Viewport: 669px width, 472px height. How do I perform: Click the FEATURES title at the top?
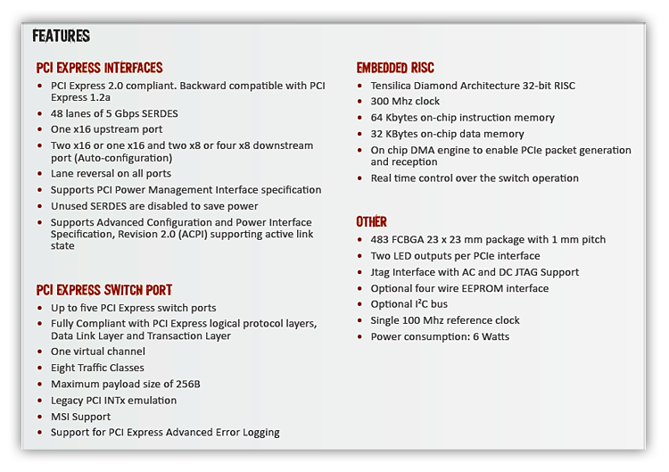(61, 37)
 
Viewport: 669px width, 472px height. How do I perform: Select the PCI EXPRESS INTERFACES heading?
(99, 68)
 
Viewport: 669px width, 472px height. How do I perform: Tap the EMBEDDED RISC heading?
(395, 68)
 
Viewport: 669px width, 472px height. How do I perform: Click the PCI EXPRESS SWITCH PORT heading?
(103, 290)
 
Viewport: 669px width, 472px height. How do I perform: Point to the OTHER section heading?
(371, 221)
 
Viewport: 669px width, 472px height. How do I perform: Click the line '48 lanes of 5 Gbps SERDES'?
(114, 113)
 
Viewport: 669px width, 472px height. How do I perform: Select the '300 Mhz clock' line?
(405, 102)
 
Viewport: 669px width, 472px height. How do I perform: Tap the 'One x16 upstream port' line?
(106, 129)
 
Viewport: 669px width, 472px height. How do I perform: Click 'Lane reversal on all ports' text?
(111, 173)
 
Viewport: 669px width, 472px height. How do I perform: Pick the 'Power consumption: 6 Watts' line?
(440, 336)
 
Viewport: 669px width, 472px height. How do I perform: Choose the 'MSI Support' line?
(80, 417)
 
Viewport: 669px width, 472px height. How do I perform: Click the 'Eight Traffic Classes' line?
(97, 368)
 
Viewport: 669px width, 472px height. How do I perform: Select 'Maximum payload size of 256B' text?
(125, 384)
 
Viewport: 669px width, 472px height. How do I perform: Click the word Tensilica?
(396, 86)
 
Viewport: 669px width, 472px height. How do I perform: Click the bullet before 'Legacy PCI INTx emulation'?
(41, 401)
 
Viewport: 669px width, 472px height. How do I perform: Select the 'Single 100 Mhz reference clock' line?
(445, 320)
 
